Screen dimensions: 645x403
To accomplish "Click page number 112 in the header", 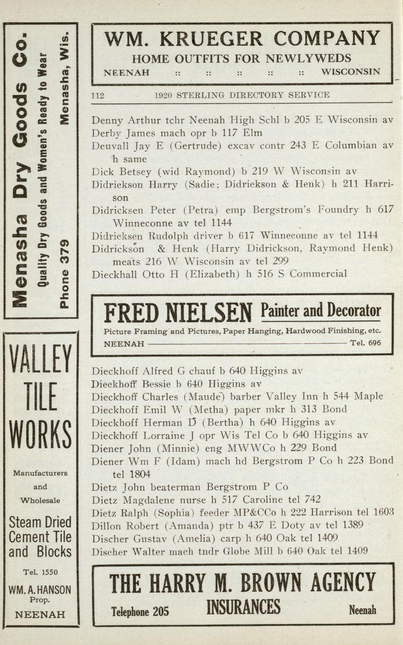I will pyautogui.click(x=98, y=95).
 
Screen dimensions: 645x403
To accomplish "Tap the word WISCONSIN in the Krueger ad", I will pyautogui.click(x=351, y=72).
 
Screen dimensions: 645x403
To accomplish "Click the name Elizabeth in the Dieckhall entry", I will pyautogui.click(x=213, y=274).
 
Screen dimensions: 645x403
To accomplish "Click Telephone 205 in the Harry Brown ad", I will pyautogui.click(x=140, y=611).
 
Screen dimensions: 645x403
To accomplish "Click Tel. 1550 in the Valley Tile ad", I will pyautogui.click(x=41, y=572).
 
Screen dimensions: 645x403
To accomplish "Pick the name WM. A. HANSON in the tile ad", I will pyautogui.click(x=40, y=590).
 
